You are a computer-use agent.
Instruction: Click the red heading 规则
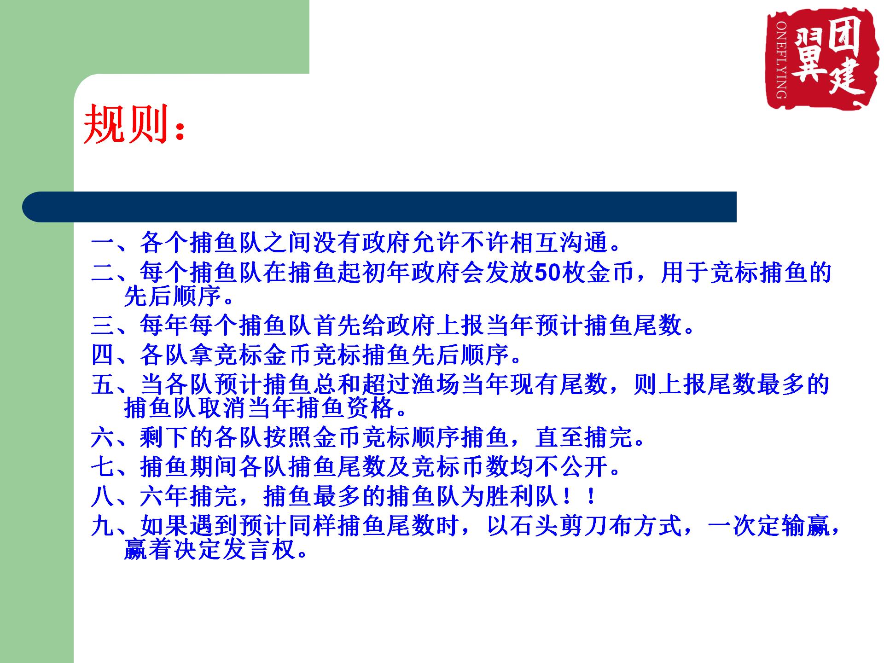click(x=126, y=123)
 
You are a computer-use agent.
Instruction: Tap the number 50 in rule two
click(x=547, y=273)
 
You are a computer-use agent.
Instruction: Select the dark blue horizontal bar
click(x=379, y=207)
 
